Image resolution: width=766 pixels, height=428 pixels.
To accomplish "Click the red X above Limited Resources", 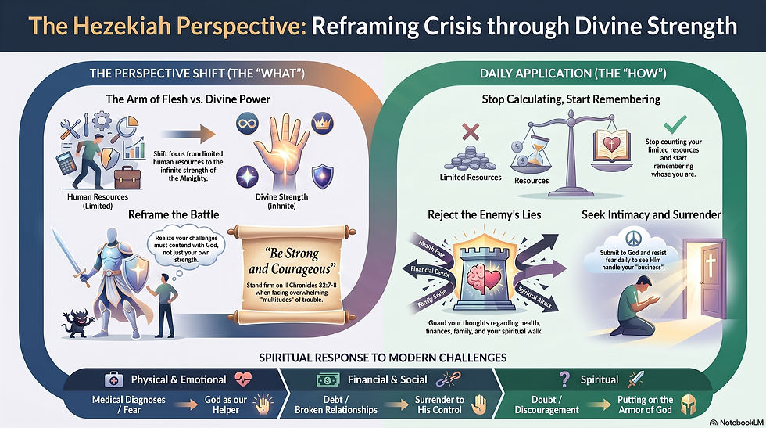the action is (471, 131).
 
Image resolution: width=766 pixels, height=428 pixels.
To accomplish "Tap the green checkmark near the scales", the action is (675, 124).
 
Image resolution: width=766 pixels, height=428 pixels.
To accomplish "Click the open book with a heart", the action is (610, 146).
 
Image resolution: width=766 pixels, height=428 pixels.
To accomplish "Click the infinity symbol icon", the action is (247, 123).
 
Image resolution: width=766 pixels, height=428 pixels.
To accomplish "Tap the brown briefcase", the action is (127, 178).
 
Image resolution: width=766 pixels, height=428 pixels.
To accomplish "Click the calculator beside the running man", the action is (66, 164).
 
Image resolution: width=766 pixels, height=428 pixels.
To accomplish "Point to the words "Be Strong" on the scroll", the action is (292, 254).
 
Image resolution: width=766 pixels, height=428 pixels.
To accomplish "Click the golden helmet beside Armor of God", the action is (689, 405).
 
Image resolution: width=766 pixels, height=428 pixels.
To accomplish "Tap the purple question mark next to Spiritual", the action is (564, 379).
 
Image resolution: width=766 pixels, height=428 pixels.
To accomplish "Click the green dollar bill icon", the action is (328, 380).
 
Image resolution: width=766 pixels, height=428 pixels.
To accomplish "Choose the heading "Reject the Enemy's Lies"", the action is (484, 214).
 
